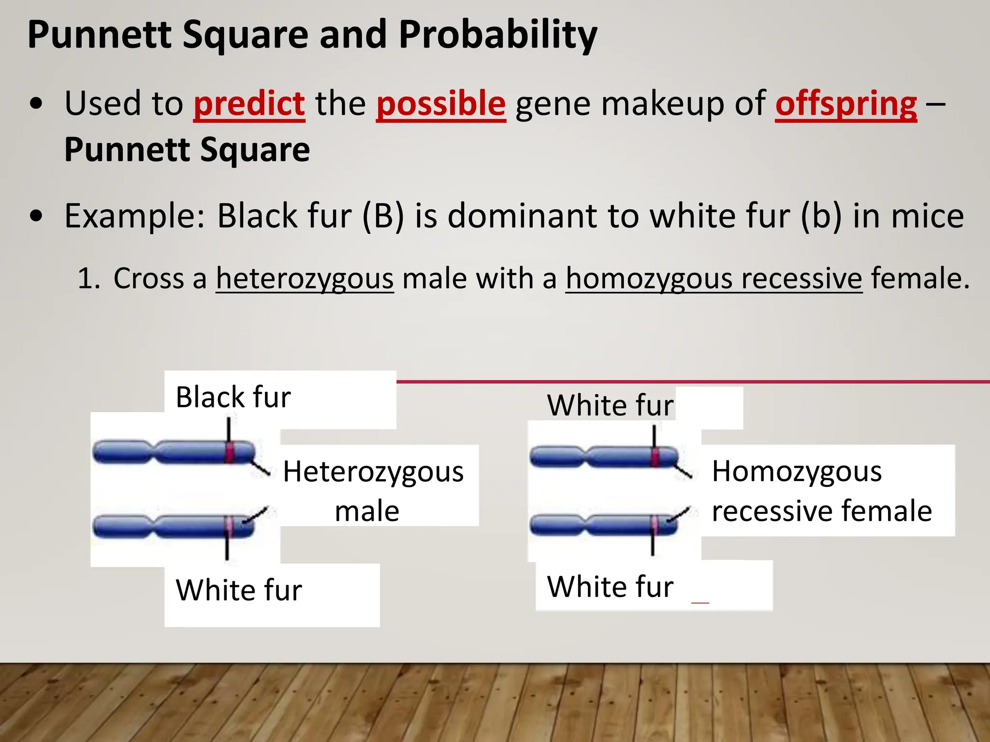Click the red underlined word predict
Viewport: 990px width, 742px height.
click(249, 104)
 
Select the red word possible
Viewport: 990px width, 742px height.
click(441, 104)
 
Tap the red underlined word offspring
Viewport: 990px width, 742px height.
click(846, 104)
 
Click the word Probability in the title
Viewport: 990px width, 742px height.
click(498, 35)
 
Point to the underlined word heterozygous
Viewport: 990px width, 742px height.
click(305, 279)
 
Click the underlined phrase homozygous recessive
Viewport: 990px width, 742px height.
click(714, 279)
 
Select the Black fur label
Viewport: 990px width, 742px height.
click(233, 397)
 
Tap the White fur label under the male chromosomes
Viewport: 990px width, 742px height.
click(239, 590)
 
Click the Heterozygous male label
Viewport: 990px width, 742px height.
click(373, 490)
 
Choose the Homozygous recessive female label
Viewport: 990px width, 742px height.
click(822, 490)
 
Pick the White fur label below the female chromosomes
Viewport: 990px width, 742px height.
click(610, 586)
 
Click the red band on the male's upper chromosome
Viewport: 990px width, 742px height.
click(230, 453)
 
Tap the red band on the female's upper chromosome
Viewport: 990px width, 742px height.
click(655, 457)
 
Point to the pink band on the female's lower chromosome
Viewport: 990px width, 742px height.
click(654, 525)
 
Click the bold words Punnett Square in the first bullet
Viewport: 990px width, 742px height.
click(187, 150)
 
